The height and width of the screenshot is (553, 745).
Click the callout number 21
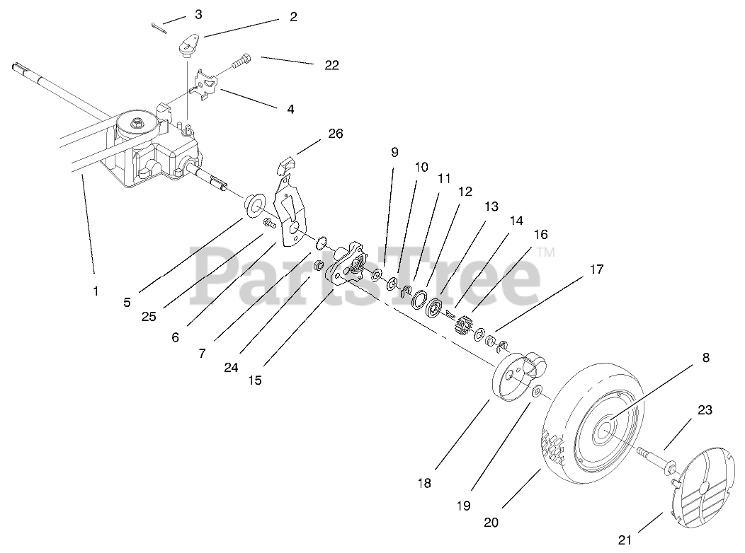(624, 541)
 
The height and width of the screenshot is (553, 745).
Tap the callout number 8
(705, 358)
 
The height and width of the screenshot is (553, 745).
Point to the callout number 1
(96, 290)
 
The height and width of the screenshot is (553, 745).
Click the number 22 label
(331, 65)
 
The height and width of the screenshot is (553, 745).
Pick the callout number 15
(255, 380)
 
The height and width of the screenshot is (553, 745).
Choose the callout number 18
(424, 484)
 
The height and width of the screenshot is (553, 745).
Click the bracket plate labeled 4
(207, 85)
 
